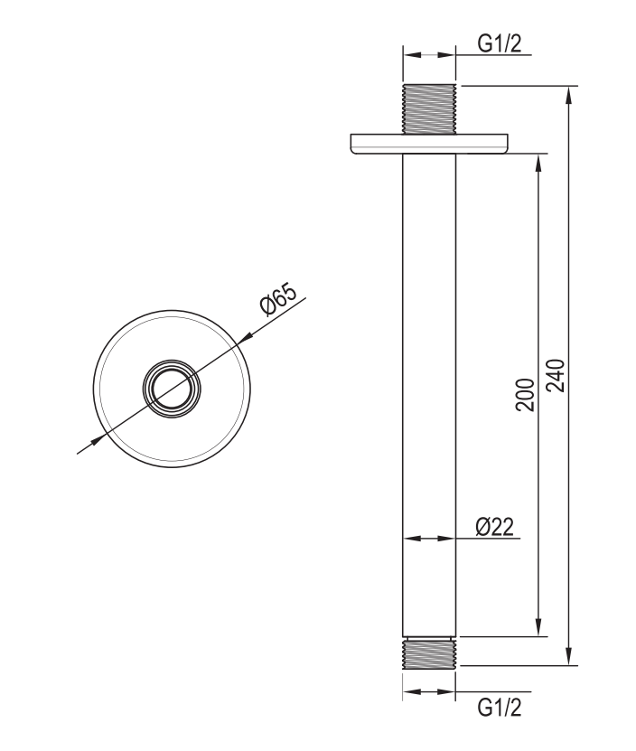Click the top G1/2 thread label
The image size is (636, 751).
pyautogui.click(x=499, y=43)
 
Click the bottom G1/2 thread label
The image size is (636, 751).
pyautogui.click(x=499, y=708)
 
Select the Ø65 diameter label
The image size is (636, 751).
pyautogui.click(x=278, y=299)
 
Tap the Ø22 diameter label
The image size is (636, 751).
pyautogui.click(x=494, y=527)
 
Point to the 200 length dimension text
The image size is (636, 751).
pyautogui.click(x=525, y=394)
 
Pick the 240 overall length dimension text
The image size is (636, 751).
pyautogui.click(x=556, y=375)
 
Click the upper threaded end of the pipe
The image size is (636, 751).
pyautogui.click(x=429, y=109)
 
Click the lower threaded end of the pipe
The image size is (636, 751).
pyautogui.click(x=429, y=652)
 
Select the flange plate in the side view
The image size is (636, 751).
pyautogui.click(x=429, y=144)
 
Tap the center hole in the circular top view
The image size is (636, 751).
pyautogui.click(x=172, y=389)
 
